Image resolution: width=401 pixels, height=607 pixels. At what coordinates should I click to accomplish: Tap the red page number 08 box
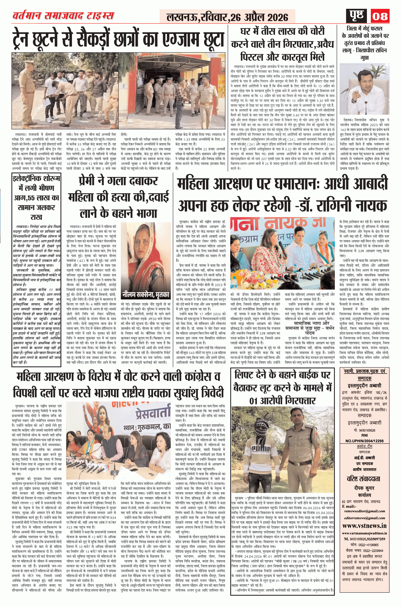380,16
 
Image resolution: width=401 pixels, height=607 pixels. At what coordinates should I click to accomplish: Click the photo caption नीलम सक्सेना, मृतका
145,295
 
